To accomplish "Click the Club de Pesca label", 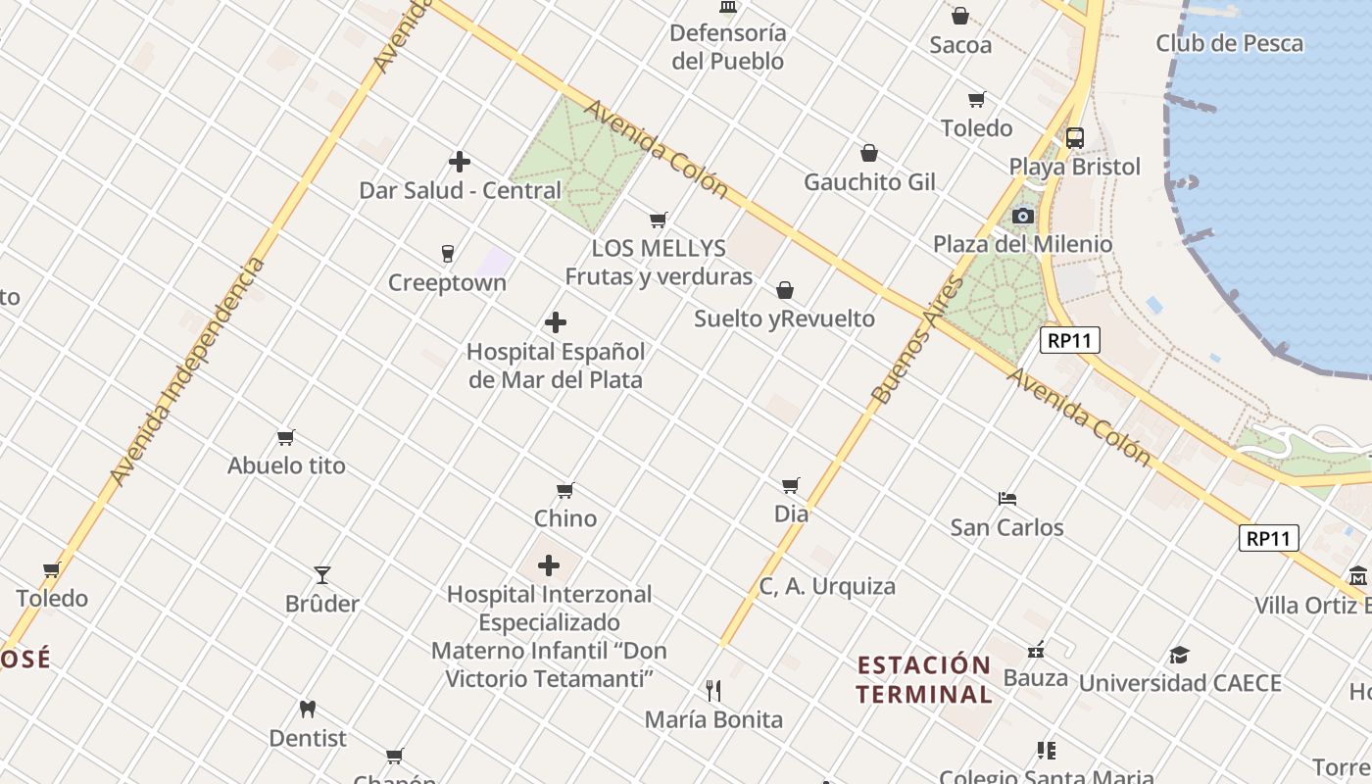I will (x=1229, y=43).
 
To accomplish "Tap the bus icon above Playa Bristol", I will (x=1075, y=138).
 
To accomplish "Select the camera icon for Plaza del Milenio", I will (x=1022, y=216).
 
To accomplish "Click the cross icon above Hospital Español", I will (x=556, y=322).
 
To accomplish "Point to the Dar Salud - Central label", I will (x=460, y=190).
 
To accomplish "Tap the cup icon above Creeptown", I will (x=448, y=254).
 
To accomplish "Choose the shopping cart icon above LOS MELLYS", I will (x=659, y=220).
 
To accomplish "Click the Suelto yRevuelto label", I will (x=784, y=318).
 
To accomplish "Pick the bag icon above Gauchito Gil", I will (x=869, y=153).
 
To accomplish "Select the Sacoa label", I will (x=960, y=45).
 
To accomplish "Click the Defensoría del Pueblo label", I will (x=727, y=46).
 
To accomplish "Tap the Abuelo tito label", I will (x=286, y=465).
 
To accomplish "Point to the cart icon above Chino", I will (x=564, y=490).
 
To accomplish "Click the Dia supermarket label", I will (x=791, y=514).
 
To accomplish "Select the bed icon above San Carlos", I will (x=1006, y=499).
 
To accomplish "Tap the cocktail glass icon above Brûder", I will (x=322, y=574).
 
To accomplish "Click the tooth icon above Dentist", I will (x=308, y=709).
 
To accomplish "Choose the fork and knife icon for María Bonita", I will (x=713, y=691).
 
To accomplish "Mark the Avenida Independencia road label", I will (x=187, y=372).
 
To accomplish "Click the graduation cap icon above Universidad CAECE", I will (x=1179, y=655).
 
